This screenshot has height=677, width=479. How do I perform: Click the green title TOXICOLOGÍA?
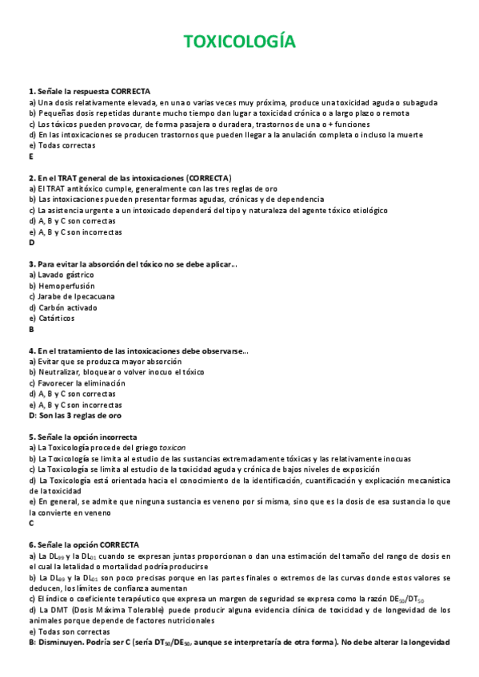point(239,41)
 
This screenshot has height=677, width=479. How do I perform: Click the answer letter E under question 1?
point(30,156)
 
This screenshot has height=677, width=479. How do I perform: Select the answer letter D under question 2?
point(31,242)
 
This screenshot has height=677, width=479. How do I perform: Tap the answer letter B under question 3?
point(31,328)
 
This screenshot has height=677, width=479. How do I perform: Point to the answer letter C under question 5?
point(31,523)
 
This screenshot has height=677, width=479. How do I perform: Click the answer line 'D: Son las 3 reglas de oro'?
point(75,415)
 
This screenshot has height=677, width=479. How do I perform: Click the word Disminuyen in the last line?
point(61,642)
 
